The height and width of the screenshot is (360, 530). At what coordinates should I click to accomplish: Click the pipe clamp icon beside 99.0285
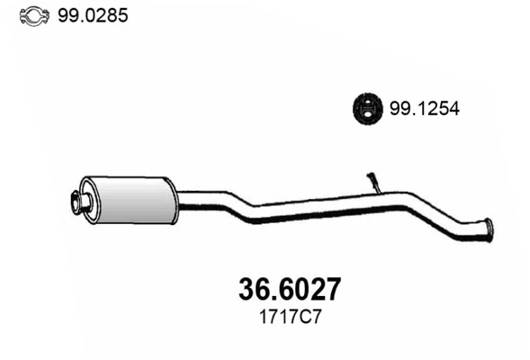[31, 16]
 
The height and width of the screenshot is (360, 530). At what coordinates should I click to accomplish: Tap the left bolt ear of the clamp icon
[22, 16]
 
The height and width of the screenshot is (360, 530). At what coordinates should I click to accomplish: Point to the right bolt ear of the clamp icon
[42, 16]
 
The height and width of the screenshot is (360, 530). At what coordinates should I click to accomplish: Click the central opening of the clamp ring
[31, 16]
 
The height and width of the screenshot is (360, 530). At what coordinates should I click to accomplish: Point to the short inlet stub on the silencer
[80, 202]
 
